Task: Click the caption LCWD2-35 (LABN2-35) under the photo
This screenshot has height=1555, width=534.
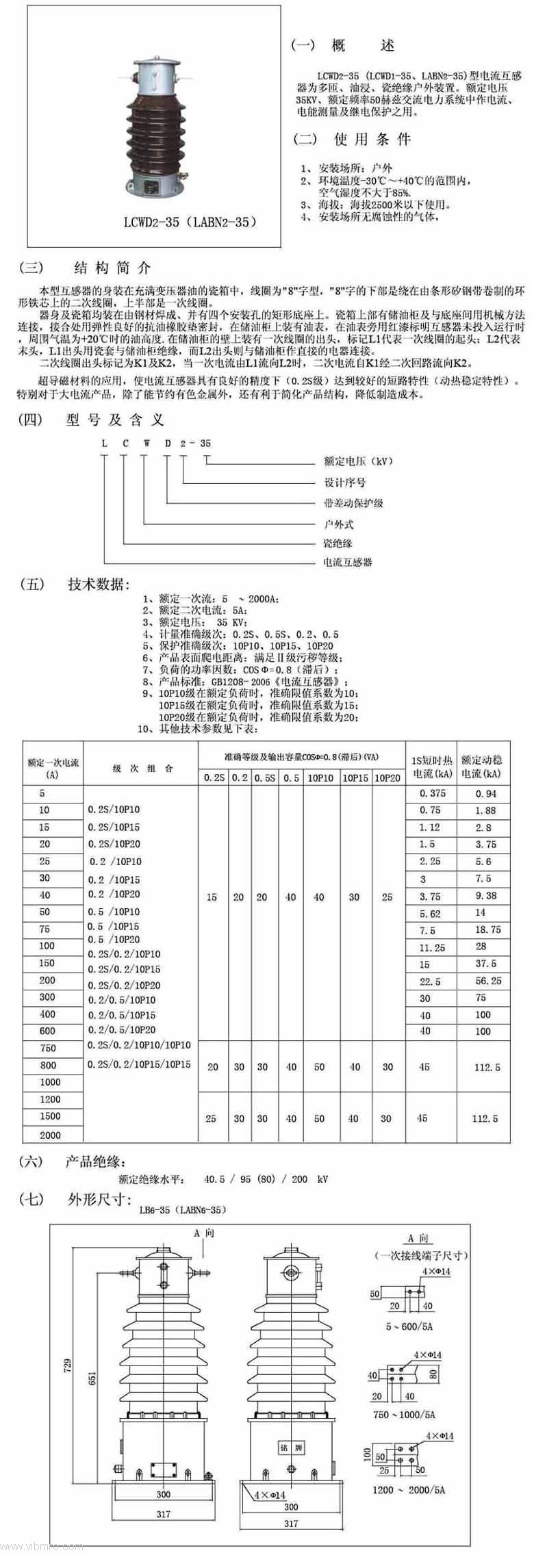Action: point(190,222)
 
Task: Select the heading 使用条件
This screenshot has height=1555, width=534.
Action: point(372,140)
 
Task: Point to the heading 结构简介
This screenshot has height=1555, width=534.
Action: point(112,268)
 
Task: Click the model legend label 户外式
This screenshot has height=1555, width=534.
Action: point(338,524)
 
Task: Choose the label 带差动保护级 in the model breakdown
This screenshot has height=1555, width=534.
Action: point(353,503)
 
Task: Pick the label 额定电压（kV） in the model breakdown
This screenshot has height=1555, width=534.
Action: point(358,461)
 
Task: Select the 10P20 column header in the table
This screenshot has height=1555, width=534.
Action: point(387,777)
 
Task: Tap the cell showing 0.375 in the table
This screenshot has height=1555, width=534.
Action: point(432,793)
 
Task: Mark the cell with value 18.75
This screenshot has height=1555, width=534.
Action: point(487,930)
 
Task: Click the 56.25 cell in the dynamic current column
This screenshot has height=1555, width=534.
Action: point(487,981)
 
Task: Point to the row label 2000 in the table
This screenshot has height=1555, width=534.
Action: point(50,1135)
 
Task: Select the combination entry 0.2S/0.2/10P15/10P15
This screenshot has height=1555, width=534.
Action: point(140,1064)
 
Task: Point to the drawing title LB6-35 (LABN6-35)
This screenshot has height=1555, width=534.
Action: point(181,1209)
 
